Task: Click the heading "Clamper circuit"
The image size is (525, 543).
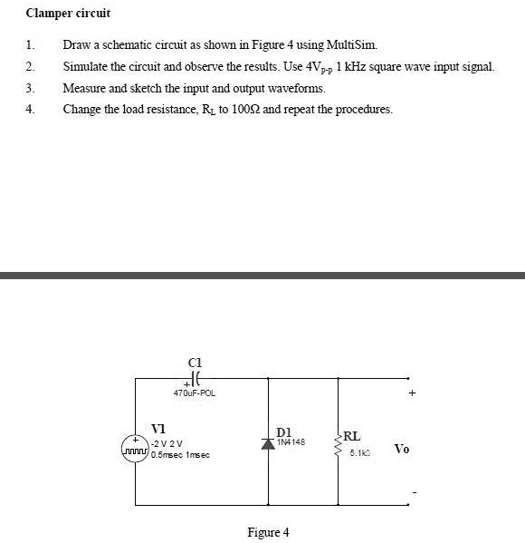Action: (62, 15)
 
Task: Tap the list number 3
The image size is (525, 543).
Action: (30, 88)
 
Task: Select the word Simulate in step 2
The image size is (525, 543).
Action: (84, 66)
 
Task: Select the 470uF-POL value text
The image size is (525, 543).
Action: (194, 393)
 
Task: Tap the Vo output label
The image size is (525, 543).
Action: (403, 449)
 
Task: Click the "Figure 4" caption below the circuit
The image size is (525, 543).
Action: (268, 531)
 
